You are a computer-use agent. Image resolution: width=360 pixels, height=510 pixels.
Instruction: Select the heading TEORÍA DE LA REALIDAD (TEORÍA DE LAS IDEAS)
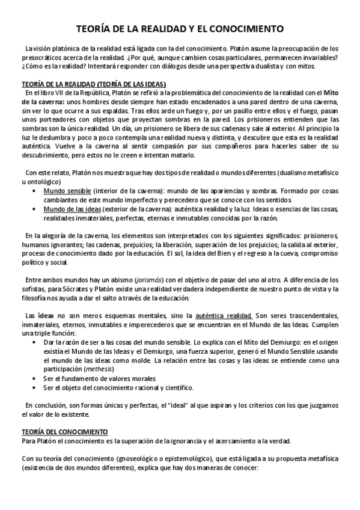click(94, 84)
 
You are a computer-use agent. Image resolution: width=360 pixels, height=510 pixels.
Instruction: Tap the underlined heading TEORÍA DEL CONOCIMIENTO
click(64, 431)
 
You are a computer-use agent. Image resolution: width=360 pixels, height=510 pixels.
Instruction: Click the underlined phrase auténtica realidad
click(224, 315)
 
